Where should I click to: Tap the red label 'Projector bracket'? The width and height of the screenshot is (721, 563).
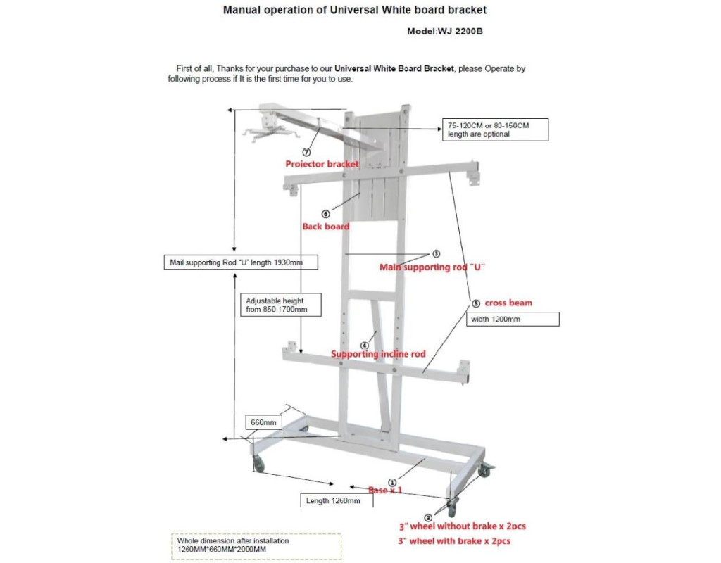tap(322, 164)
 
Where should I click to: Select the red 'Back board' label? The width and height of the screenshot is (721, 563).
tap(326, 227)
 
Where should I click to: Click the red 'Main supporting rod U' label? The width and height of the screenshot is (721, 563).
tap(433, 267)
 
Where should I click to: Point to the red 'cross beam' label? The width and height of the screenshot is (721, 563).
tap(508, 303)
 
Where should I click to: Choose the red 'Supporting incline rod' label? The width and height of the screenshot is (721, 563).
tap(378, 354)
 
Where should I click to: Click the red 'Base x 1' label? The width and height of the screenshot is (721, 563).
tap(385, 490)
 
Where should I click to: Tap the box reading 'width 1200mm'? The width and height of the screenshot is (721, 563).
tap(513, 319)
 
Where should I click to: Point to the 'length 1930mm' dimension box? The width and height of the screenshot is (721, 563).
tap(240, 262)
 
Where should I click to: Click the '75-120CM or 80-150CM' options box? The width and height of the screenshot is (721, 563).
tap(496, 129)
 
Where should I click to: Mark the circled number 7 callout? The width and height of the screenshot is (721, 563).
tap(306, 152)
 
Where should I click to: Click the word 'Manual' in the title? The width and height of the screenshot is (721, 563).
tap(244, 11)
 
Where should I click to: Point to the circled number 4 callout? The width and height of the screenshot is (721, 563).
tap(364, 345)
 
